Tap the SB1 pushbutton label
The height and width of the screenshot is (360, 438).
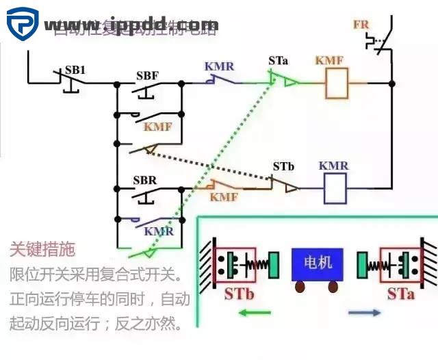pyautogui.click(x=75, y=70)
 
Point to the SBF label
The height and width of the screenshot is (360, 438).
pyautogui.click(x=149, y=75)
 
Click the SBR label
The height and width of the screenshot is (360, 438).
pyautogui.click(x=146, y=180)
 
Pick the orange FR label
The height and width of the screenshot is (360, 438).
pyautogui.click(x=361, y=25)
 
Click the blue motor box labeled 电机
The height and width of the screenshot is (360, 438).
pyautogui.click(x=316, y=264)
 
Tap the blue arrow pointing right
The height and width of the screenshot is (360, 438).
pyautogui.click(x=365, y=313)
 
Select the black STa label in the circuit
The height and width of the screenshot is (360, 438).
pyautogui.click(x=279, y=62)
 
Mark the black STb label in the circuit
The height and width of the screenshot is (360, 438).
pyautogui.click(x=283, y=166)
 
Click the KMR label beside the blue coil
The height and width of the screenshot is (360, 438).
pyautogui.click(x=333, y=166)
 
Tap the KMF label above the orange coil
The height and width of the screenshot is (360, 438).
pyautogui.click(x=330, y=61)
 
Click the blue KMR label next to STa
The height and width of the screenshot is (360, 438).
pyautogui.click(x=219, y=66)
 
